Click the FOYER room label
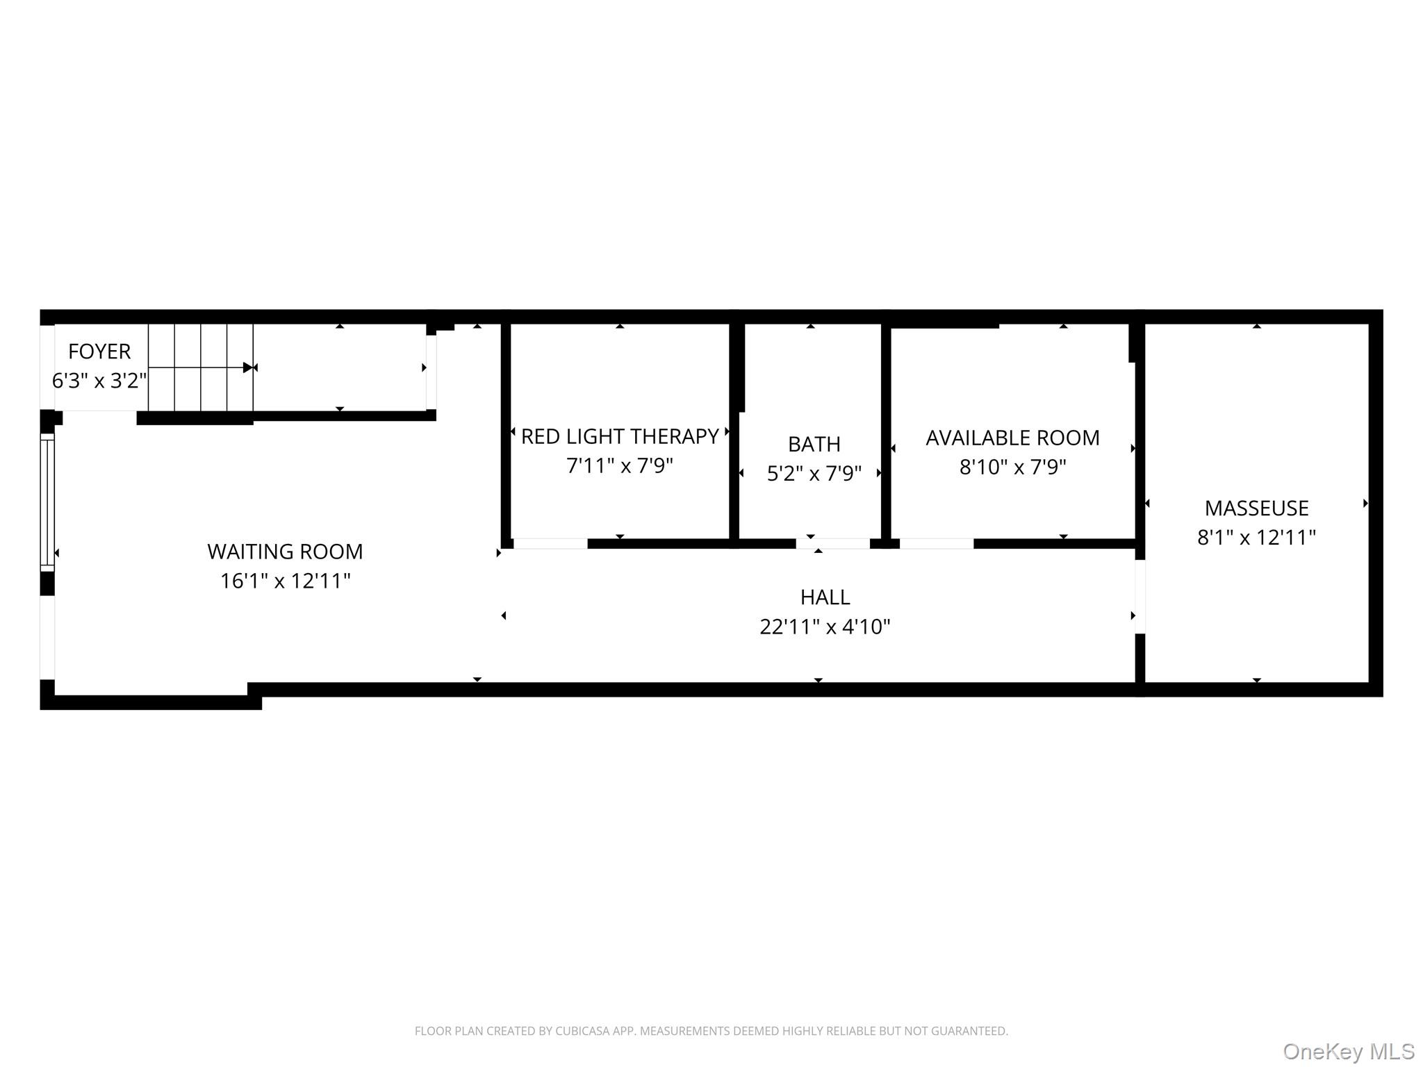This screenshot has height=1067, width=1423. (x=99, y=351)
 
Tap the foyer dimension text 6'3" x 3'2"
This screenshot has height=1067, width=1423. (x=99, y=381)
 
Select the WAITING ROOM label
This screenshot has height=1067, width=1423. (x=285, y=552)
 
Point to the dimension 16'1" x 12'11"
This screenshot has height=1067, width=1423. (x=285, y=581)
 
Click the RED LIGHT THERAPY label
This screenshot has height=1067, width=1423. (x=620, y=436)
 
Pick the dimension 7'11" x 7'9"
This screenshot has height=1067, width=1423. (x=620, y=465)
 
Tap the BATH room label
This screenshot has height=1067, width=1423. (x=814, y=444)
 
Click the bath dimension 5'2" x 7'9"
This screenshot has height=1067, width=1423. (x=814, y=474)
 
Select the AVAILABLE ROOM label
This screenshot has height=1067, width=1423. (x=1012, y=438)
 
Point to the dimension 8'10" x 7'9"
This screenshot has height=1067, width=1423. (x=1012, y=467)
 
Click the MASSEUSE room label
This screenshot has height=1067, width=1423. (x=1256, y=508)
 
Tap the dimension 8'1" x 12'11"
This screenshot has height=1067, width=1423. (x=1256, y=538)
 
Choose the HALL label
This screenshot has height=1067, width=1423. (x=825, y=597)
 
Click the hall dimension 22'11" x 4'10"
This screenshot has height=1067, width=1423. (x=825, y=627)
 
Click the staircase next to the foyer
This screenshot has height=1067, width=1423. (x=201, y=367)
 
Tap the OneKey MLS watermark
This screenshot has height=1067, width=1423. (x=1349, y=1052)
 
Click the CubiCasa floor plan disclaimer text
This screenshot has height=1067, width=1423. (x=711, y=1031)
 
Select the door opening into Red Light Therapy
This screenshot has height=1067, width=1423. (x=550, y=543)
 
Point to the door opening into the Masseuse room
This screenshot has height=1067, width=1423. (x=1140, y=597)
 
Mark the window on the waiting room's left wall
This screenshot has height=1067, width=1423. (x=47, y=503)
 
